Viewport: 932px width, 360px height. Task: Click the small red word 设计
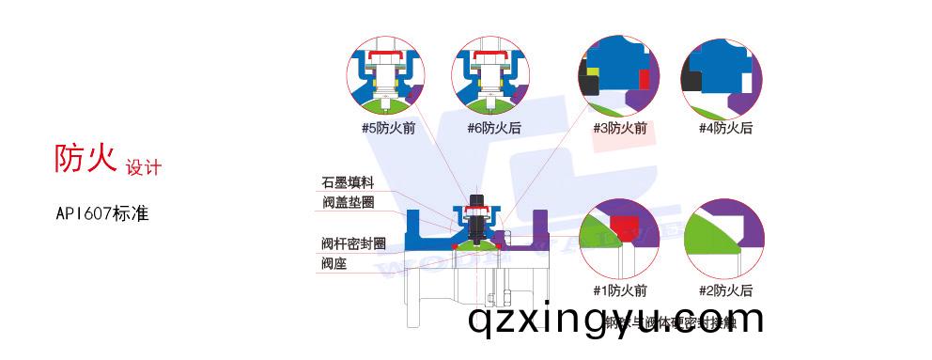click(x=144, y=167)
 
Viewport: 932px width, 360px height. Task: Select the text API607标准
click(x=102, y=213)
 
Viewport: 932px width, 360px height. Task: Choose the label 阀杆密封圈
click(x=353, y=243)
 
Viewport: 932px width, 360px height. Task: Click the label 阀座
click(x=334, y=263)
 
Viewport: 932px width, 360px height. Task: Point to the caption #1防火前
click(x=619, y=290)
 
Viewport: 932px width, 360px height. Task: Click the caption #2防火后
click(x=725, y=290)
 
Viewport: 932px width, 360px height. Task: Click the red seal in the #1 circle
click(x=624, y=222)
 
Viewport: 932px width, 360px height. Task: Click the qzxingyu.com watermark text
click(x=615, y=321)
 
